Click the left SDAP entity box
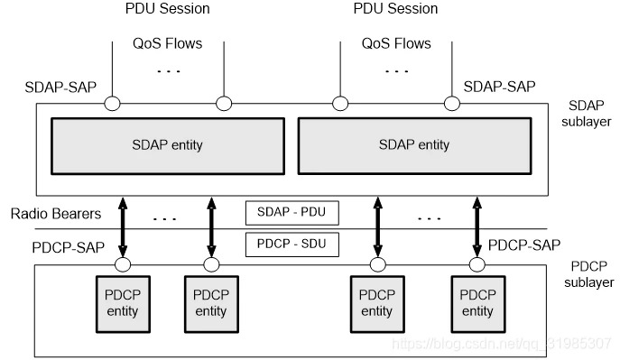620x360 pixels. pos(168,146)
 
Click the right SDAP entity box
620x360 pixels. pos(414,146)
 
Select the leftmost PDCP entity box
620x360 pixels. pos(123,304)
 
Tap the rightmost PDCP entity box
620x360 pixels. pos(478,304)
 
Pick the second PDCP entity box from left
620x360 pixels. pos(211,304)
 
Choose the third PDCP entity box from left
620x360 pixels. pos(377,304)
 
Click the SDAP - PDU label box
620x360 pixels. pos(292,213)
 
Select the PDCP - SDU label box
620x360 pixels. pos(292,245)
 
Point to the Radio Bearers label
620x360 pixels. pos(56,214)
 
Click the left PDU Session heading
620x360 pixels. pos(167,9)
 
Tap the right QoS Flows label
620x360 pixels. pos(396,43)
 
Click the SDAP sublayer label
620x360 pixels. pos(586,114)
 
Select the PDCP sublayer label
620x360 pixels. pos(588,274)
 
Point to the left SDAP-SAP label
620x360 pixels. pos(60,88)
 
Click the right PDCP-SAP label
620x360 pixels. pos(524,245)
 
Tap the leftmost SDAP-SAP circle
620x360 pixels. pos(112,104)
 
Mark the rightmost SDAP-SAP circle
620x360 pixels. pos(452,104)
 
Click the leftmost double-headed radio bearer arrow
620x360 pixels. pos(123,227)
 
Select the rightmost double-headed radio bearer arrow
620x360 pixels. pos(477,227)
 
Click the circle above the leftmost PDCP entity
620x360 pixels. pos(123,264)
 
